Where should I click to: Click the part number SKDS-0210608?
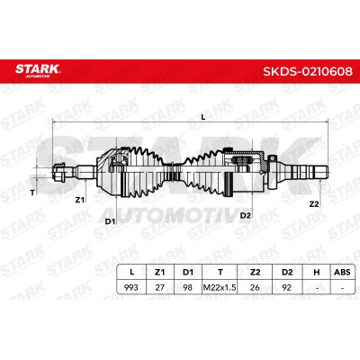coord(308,72)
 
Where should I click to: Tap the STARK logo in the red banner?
coord(38,70)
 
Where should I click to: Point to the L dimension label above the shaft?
coord(203,118)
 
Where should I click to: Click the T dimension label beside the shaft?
coord(32,193)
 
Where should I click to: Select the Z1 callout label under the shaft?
coord(79,200)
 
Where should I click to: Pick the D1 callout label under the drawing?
coord(110,221)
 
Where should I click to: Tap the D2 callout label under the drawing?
coord(246,215)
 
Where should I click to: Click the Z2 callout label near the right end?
coord(314,204)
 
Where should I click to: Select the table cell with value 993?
coord(131,287)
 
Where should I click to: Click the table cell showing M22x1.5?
coord(220,287)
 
